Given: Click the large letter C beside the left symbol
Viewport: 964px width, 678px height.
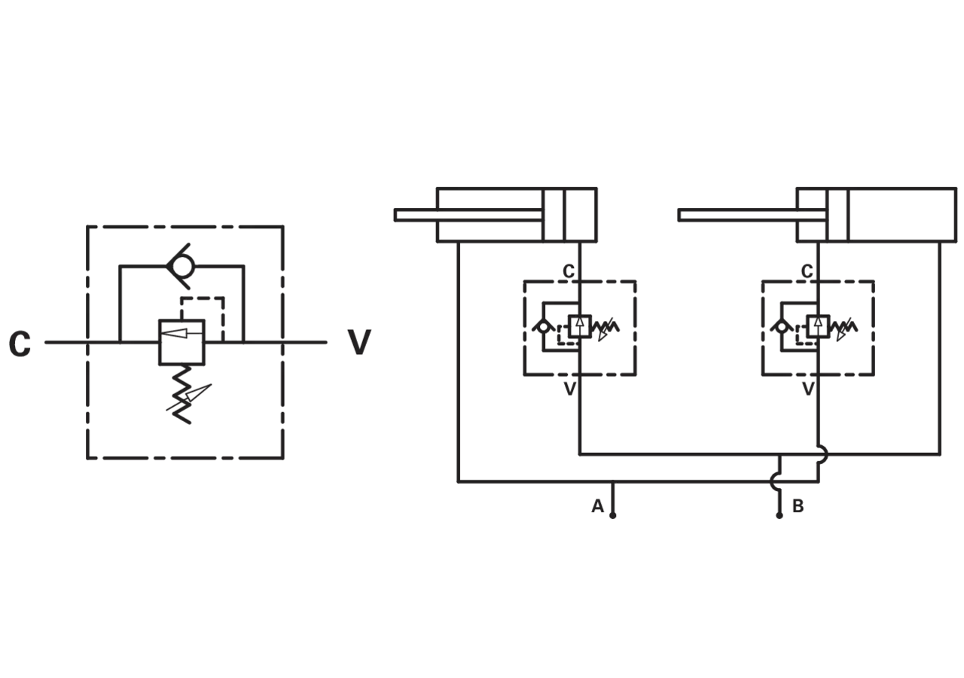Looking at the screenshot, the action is [20, 344].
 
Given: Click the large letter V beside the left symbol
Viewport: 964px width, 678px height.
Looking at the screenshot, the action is [359, 343].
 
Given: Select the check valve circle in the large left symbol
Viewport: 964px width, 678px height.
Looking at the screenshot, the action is [182, 267].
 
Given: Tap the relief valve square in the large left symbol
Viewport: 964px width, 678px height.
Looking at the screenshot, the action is [182, 342].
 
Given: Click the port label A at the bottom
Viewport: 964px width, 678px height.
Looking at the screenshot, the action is [597, 506].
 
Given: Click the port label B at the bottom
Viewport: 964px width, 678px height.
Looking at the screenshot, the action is [798, 506].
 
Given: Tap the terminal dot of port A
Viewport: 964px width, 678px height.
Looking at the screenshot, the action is [612, 516].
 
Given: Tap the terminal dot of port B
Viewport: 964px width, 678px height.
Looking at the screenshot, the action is [779, 516].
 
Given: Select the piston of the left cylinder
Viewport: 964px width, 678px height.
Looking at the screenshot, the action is [554, 215].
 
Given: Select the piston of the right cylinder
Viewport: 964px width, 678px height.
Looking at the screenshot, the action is [837, 215].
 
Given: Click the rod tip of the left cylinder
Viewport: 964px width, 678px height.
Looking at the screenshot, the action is [396, 215].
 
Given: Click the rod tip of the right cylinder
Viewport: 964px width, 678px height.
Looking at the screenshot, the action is [680, 215].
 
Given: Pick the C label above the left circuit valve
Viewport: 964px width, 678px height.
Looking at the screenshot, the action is [569, 271].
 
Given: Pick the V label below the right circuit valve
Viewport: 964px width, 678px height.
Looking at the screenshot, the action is [808, 389].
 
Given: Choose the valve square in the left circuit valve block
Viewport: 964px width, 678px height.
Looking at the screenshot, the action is [580, 326].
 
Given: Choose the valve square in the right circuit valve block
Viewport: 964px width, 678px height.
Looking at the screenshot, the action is [818, 326].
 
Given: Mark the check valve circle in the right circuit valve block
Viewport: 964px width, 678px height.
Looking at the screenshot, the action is [782, 327].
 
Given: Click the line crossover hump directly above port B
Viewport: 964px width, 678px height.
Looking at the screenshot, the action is [773, 481].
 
